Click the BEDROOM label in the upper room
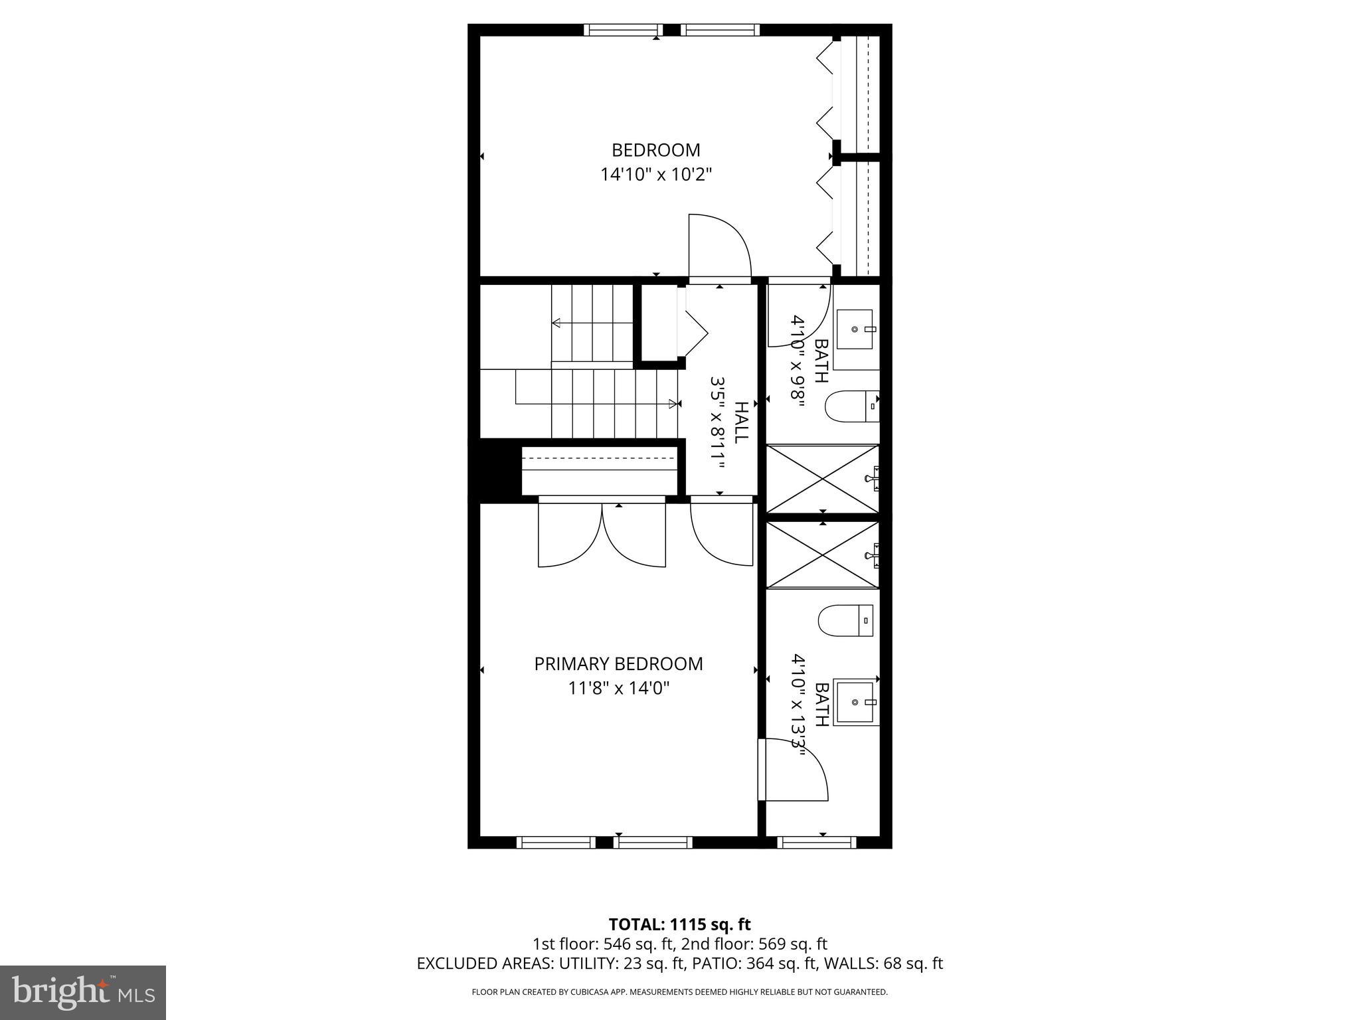[x=655, y=150]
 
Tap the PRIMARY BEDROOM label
[x=618, y=664]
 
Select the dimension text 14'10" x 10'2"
[x=655, y=175]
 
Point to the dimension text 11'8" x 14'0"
[x=618, y=689]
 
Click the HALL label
[x=741, y=422]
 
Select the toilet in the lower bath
[x=845, y=620]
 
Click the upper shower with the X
[x=822, y=479]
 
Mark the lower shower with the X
[x=822, y=554]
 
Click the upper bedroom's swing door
[x=719, y=248]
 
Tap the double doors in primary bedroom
[x=602, y=535]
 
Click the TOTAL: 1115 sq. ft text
[x=679, y=924]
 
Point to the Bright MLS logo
[x=83, y=993]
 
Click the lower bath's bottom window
[x=817, y=842]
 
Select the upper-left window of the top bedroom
[x=624, y=30]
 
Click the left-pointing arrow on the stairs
[x=556, y=323]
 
